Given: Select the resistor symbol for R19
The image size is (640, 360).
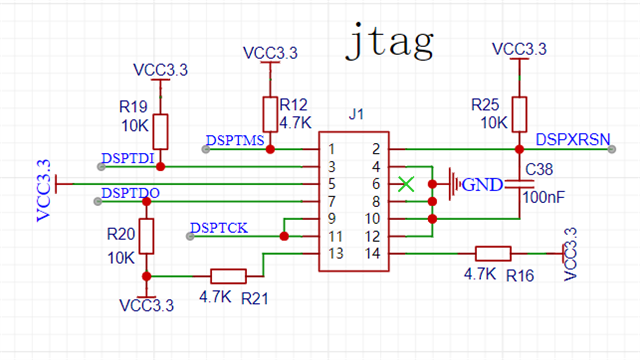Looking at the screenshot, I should tap(159, 131).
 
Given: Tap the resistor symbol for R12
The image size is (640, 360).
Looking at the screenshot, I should tap(269, 113).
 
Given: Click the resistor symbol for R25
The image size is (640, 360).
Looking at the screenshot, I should tap(518, 113).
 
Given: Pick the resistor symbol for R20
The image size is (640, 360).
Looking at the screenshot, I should tap(147, 237).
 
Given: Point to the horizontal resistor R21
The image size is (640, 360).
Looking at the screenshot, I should tap(229, 276).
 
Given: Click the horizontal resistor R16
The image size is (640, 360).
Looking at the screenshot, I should tap(493, 254).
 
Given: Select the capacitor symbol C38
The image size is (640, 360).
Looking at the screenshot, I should tap(519, 184).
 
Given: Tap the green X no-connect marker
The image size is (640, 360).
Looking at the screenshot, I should tap(405, 183).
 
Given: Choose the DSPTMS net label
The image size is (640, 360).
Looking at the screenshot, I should tap(235, 140).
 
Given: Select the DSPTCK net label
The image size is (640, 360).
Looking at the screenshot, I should tap(218, 229).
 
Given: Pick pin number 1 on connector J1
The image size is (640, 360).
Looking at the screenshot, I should tap(329, 149).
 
